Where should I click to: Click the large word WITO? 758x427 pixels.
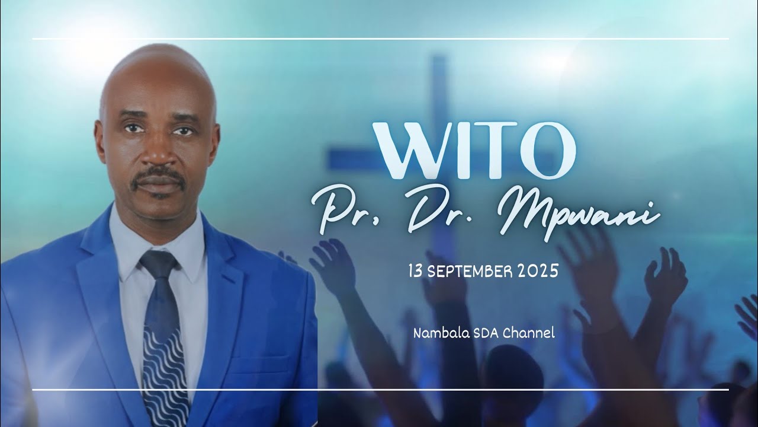(x=474, y=151)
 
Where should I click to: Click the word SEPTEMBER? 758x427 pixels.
(x=470, y=272)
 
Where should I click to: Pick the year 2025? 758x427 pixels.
(x=538, y=272)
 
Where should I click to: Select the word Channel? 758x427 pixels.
(x=529, y=333)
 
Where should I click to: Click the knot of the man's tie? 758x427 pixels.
(x=158, y=265)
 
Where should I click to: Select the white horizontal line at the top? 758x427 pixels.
(x=381, y=39)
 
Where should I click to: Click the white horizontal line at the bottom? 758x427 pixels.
(x=381, y=390)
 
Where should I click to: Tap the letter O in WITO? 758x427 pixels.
(x=547, y=151)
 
